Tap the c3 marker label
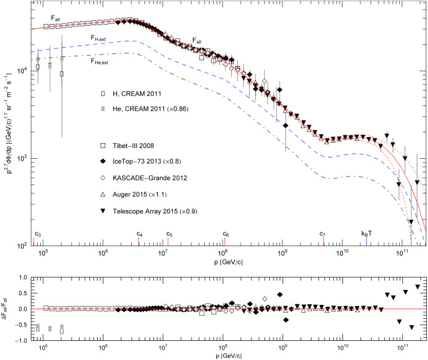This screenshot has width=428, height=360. (38, 233)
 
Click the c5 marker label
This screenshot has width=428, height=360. (169, 233)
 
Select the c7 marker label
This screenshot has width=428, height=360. (322, 233)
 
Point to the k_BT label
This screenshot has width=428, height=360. (365, 233)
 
